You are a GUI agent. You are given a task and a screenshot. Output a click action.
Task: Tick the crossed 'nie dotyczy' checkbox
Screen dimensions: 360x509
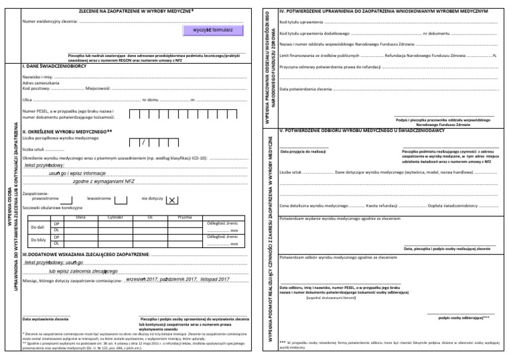pos(171,200)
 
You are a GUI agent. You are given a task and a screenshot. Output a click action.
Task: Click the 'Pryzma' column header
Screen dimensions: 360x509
pos(185,217)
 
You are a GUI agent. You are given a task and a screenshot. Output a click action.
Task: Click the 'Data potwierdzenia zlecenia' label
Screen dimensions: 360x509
pos(306,88)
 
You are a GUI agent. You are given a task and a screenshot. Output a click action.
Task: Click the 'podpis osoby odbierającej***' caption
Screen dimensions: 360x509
pos(463,317)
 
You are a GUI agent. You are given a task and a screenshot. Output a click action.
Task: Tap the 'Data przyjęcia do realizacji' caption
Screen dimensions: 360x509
pos(303,152)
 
